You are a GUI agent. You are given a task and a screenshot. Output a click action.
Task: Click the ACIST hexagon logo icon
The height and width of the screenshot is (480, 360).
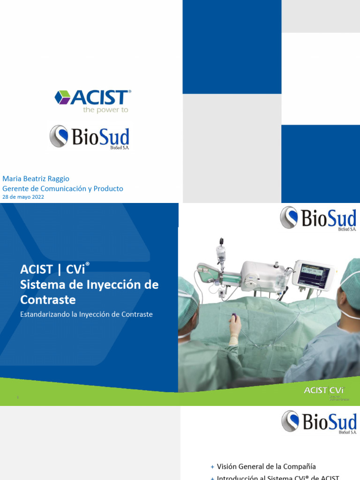62,97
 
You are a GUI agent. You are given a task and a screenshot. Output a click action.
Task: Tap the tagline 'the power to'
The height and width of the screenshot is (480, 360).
105,110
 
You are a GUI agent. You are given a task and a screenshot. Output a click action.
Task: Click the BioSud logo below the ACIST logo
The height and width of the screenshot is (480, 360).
90,137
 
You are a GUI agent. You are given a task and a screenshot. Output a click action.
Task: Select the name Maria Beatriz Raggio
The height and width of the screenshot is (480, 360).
36,179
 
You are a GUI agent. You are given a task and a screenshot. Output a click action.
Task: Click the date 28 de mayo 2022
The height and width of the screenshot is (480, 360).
24,197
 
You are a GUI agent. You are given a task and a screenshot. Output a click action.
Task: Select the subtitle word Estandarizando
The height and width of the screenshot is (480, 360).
45,315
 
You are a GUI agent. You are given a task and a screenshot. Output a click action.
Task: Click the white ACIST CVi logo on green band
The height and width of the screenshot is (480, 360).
323,390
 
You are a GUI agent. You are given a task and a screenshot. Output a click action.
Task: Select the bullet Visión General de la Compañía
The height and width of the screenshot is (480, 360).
266,466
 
